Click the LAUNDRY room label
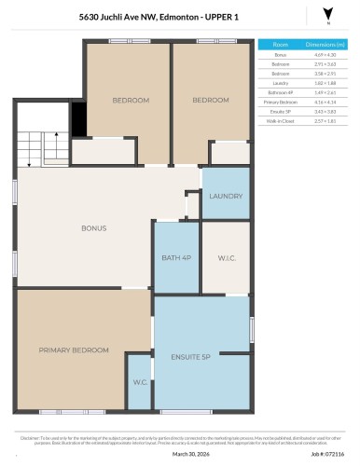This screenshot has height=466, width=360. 226,197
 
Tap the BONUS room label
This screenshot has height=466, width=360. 93,228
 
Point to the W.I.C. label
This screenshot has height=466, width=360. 226,259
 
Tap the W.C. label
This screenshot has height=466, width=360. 140,381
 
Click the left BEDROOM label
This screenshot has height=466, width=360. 131,100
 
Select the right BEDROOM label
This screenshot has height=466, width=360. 211,100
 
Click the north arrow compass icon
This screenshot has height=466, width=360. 326,14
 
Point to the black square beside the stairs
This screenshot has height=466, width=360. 78,118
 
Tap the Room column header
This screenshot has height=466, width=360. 281,44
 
